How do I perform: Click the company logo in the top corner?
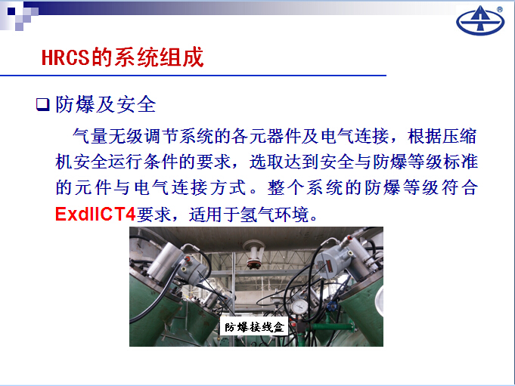[x=480, y=20]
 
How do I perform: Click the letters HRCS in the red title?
[x=65, y=57]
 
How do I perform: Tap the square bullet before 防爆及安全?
[x=42, y=104]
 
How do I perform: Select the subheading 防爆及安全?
[x=105, y=104]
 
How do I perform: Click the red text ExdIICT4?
[x=95, y=215]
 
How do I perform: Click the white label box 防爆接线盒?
[x=254, y=326]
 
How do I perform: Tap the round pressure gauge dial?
[x=299, y=307]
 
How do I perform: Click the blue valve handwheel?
[x=331, y=307]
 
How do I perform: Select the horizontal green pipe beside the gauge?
[x=332, y=326]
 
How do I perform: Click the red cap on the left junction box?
[x=188, y=259]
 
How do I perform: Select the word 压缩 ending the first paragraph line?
[x=459, y=136]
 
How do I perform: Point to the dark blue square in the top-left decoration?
[x=11, y=11]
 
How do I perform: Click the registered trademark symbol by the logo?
[x=500, y=10]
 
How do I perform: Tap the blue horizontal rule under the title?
[x=193, y=76]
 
